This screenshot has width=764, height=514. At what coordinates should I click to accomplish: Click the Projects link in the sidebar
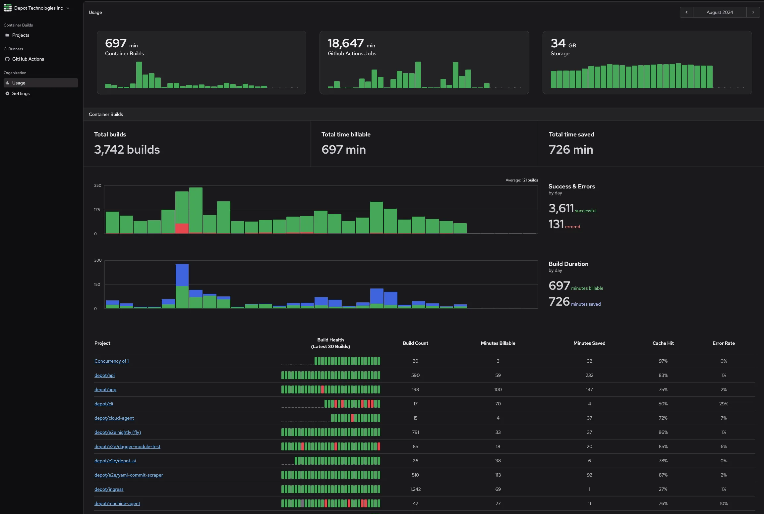(x=21, y=35)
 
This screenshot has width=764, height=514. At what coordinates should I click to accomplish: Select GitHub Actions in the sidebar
(x=28, y=59)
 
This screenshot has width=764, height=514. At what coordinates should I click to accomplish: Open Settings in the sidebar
(x=21, y=93)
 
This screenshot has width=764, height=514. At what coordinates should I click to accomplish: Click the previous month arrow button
(x=686, y=12)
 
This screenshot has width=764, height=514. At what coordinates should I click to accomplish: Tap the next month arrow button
(x=753, y=12)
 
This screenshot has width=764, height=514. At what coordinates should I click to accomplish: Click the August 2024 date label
(x=720, y=12)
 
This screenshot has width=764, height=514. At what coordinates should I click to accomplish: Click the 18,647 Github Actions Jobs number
(x=346, y=43)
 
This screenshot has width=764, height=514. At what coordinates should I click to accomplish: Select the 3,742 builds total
(x=127, y=150)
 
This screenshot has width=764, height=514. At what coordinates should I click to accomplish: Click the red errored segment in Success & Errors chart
(x=182, y=229)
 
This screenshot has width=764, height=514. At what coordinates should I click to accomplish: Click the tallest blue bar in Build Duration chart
(x=182, y=275)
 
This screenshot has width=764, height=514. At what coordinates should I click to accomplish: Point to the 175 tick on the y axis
(x=97, y=210)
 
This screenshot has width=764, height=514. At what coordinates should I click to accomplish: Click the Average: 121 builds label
(x=522, y=180)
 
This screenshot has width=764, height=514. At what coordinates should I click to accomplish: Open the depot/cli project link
(x=103, y=404)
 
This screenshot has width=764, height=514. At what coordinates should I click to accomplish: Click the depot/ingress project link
(x=109, y=489)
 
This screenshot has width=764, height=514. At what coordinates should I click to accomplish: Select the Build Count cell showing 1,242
(x=415, y=489)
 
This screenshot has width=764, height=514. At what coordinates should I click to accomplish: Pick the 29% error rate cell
(x=724, y=404)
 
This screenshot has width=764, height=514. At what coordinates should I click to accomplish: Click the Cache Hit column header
(x=663, y=343)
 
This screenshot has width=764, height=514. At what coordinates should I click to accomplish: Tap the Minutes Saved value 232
(x=589, y=375)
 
